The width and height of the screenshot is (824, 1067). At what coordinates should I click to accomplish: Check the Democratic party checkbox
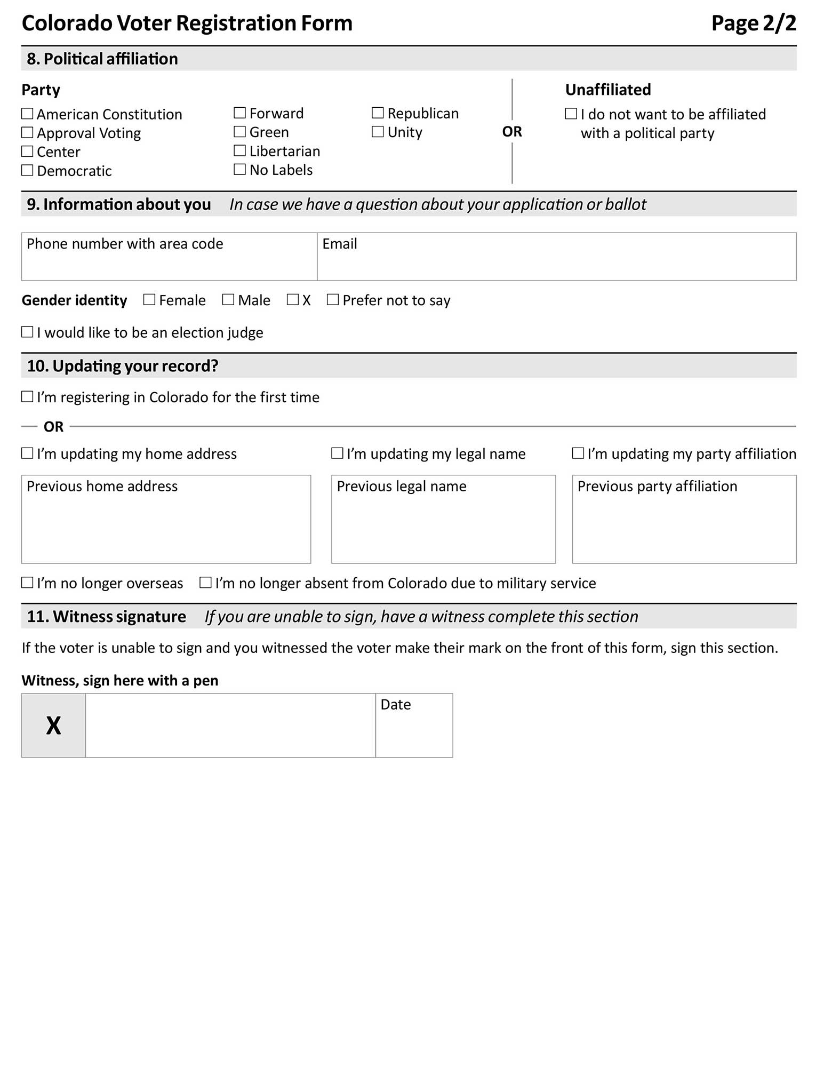27,170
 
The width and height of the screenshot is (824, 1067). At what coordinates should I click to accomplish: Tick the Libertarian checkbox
240,151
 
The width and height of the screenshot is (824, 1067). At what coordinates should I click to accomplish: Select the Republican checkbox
378,113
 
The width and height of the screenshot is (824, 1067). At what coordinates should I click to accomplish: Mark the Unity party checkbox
378,132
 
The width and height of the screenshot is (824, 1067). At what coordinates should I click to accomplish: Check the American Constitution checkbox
27,114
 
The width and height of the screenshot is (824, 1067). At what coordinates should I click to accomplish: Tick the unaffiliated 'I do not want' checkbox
571,114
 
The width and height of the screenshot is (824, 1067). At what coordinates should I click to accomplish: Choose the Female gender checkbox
149,300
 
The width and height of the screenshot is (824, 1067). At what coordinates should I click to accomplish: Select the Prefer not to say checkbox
333,300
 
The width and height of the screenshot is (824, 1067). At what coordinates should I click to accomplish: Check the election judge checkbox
27,332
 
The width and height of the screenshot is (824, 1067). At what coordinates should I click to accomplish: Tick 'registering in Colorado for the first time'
27,397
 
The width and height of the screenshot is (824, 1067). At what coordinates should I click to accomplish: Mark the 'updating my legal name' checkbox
337,453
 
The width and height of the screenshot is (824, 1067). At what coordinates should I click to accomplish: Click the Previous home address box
166,525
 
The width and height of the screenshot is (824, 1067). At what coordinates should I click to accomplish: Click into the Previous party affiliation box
684,525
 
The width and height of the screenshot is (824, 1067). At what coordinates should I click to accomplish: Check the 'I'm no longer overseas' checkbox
27,583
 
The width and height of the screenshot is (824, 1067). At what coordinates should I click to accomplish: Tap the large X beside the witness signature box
53,726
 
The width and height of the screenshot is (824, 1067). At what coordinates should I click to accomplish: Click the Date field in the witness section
414,731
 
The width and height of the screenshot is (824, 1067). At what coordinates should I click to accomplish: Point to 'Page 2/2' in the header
754,23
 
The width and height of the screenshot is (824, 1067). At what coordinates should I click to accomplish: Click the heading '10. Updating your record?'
123,366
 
